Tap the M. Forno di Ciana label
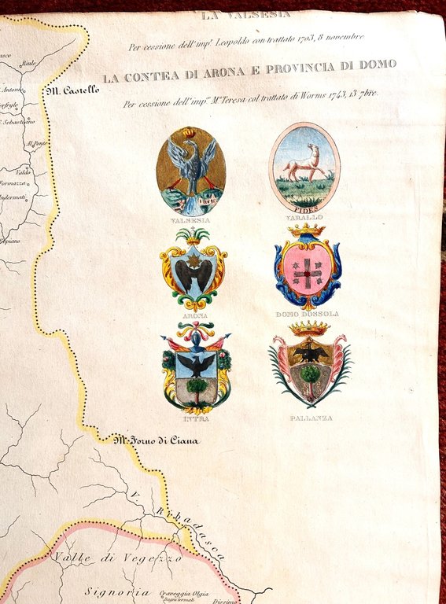[x=156, y=440]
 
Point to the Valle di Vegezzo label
[x=117, y=558]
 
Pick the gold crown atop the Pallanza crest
[x=308, y=327]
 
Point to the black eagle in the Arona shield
[x=194, y=274]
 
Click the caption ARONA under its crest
[x=194, y=315]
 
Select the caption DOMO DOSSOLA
[x=307, y=314]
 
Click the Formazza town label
[x=14, y=183]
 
